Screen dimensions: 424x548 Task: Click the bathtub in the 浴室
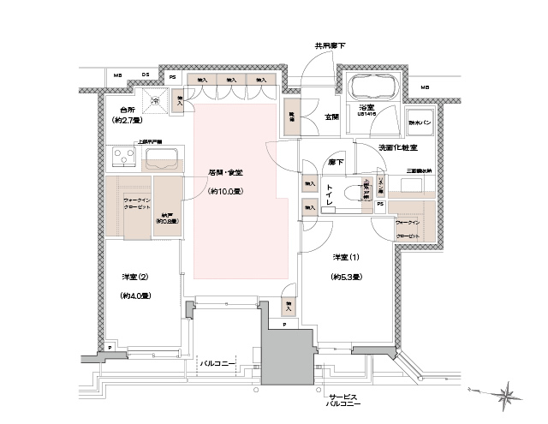[x=372, y=88]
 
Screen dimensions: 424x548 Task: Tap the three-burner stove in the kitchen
[x=124, y=158]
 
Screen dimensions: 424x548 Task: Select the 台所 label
[x=128, y=110]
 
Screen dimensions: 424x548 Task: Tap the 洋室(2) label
[x=135, y=276]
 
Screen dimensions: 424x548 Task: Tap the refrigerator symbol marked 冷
[x=156, y=101]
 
